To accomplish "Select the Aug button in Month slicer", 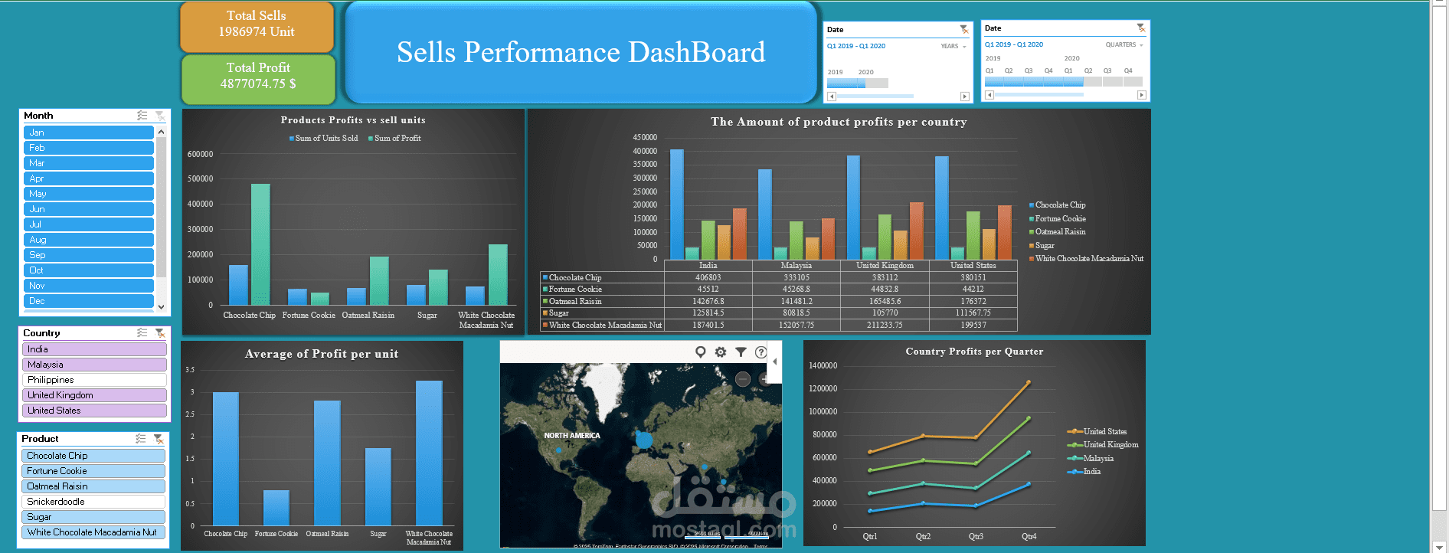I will pyautogui.click(x=89, y=240).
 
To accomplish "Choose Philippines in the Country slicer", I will pyautogui.click(x=94, y=380).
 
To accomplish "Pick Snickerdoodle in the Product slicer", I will pyautogui.click(x=93, y=502).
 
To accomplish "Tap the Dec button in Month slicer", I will pyautogui.click(x=89, y=301).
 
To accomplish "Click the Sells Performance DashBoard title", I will pyautogui.click(x=581, y=52).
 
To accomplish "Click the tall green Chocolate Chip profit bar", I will pyautogui.click(x=260, y=244).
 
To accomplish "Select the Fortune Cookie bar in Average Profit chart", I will pyautogui.click(x=276, y=507).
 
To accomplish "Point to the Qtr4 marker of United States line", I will pyautogui.click(x=1028, y=382).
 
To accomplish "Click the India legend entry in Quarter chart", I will pyautogui.click(x=1091, y=472).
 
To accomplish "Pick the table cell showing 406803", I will pyautogui.click(x=708, y=277).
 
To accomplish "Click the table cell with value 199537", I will pyautogui.click(x=973, y=325).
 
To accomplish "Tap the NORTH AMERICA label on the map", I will pyautogui.click(x=572, y=436).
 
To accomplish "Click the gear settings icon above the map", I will pyautogui.click(x=721, y=352).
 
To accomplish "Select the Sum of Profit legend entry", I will pyautogui.click(x=397, y=139).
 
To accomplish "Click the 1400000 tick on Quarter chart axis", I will pyautogui.click(x=823, y=366).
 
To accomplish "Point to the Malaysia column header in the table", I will pyautogui.click(x=796, y=266).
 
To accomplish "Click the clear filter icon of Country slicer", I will pyautogui.click(x=159, y=333).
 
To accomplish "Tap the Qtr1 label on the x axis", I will pyautogui.click(x=870, y=536).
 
